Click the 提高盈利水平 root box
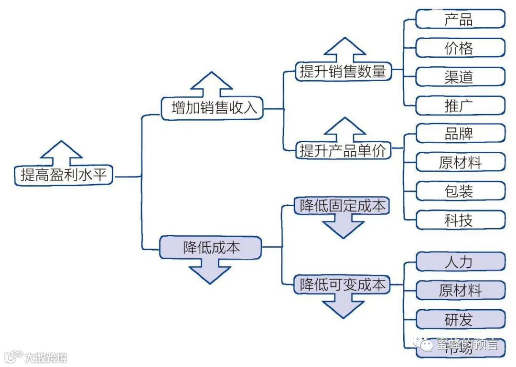point(64,176)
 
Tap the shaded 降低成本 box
point(211,247)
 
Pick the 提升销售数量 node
point(343,72)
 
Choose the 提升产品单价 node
point(343,150)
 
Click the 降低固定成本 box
point(342,206)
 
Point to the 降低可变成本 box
point(342,285)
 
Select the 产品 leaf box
point(460,20)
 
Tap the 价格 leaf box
point(460,48)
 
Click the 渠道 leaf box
point(460,77)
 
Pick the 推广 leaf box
point(460,105)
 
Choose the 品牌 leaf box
point(460,134)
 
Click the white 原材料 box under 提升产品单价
point(460,162)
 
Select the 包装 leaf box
point(460,191)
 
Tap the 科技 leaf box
point(460,220)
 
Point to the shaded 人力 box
point(460,262)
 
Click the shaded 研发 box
point(460,319)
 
